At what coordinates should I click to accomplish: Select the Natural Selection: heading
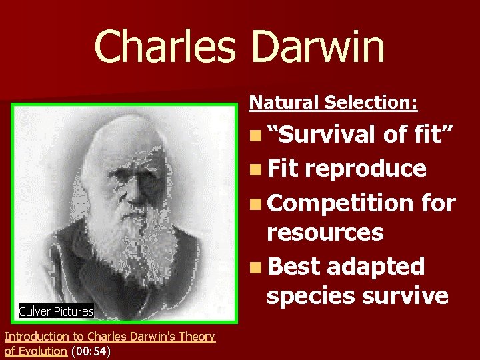pos(333,102)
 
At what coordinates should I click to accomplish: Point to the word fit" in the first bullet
pos(431,135)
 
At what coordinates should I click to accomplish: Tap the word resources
pos(325,233)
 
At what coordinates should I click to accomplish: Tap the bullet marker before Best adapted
pos(255,267)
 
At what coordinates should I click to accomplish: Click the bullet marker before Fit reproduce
pos(255,169)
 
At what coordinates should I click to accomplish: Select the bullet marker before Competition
pos(255,202)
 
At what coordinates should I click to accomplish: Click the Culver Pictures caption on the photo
pos(56,311)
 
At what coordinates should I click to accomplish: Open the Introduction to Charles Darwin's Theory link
pos(109,337)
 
